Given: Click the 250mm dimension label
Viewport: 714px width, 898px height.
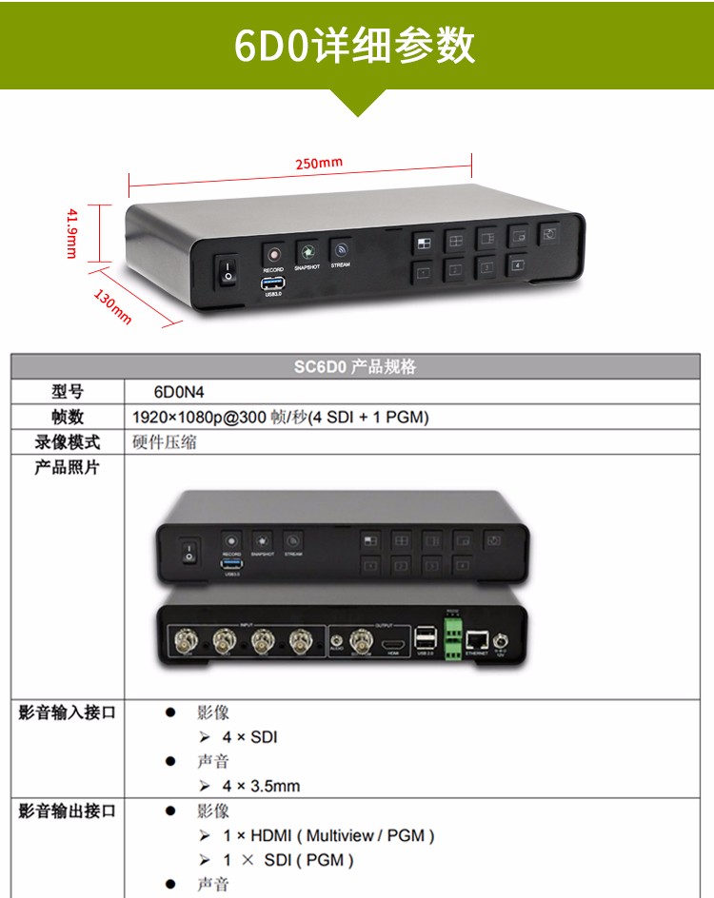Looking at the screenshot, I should pos(318,163).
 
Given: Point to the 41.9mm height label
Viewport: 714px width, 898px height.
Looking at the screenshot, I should pos(70,232).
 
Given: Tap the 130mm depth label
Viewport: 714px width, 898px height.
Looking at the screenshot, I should pos(112,307).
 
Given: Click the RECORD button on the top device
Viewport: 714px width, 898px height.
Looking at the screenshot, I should pos(274,254).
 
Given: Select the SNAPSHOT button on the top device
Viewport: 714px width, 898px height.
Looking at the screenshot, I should pos(307,251).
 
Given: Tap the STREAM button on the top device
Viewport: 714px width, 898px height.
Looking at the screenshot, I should pos(340,250).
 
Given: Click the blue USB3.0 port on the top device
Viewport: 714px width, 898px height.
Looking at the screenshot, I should pos(273,283).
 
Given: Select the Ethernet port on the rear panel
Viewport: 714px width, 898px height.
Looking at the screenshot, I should pos(478,641).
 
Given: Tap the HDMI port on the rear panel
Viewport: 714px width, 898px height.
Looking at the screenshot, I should pos(392,646).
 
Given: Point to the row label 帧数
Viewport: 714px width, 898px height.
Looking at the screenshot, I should pos(68,417).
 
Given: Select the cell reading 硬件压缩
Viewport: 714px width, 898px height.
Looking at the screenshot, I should pos(165,441).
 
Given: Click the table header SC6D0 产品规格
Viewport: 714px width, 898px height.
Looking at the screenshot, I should pos(355,366).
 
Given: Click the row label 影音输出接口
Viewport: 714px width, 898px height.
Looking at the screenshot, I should pos(68,811).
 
